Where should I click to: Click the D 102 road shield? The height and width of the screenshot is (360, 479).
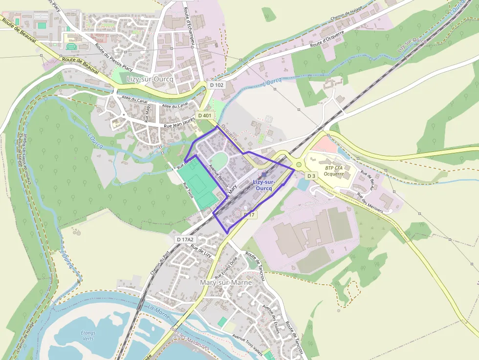[217, 85]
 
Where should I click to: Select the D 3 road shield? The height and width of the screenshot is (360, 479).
[312, 175]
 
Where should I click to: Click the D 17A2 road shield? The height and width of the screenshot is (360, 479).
[185, 239]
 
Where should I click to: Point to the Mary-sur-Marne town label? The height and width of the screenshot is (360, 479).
[226, 282]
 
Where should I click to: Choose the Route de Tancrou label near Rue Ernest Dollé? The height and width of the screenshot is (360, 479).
[255, 266]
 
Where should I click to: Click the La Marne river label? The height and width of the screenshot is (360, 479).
[158, 312]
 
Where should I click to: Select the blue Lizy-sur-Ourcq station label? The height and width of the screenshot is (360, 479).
[263, 185]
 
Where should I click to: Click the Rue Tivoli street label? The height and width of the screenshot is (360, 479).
[188, 190]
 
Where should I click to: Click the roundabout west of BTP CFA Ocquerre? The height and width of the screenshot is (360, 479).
[299, 165]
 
